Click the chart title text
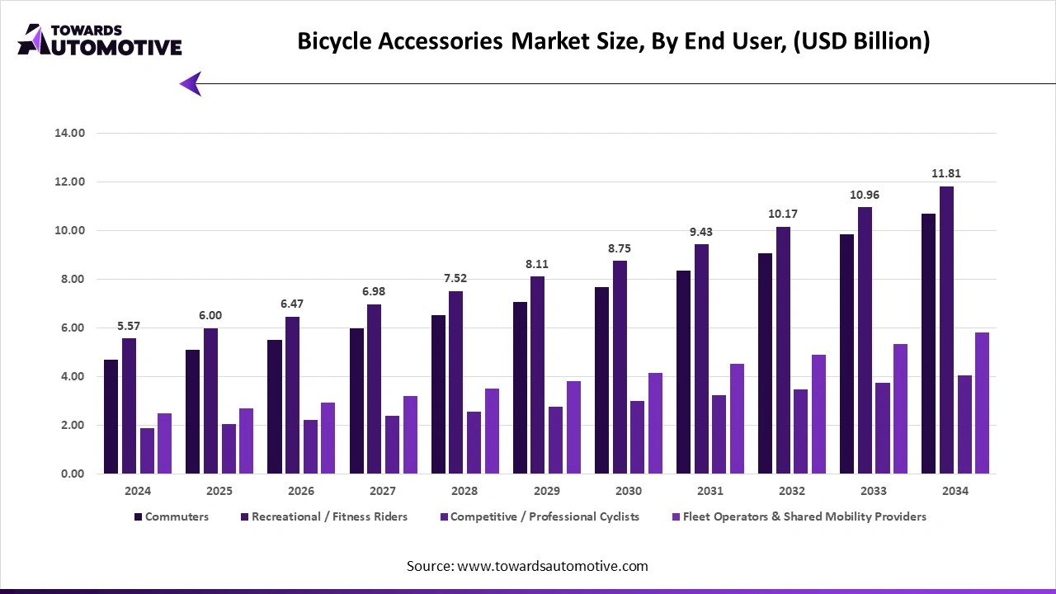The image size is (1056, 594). point(613,41)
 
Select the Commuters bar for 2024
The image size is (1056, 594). point(111,417)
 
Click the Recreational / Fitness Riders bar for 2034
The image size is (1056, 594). point(946,330)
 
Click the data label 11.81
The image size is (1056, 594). point(946,173)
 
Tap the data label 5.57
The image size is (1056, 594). point(128,326)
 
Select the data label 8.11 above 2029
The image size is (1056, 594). point(537,264)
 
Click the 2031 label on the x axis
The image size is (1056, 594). point(709,491)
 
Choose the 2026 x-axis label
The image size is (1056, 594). point(301,491)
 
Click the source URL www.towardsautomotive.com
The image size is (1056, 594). point(552,566)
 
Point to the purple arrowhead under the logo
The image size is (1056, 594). point(191,83)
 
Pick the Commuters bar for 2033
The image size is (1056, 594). point(847,354)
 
